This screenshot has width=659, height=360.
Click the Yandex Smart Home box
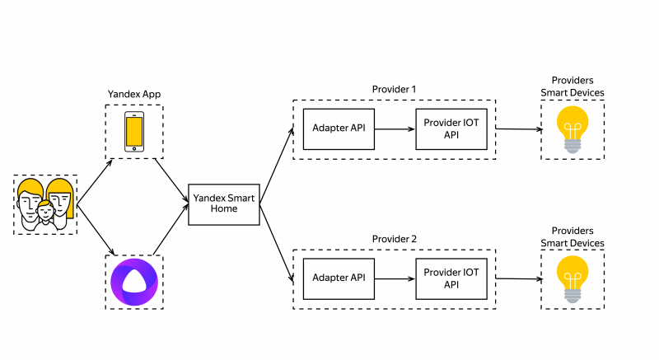coord(224,204)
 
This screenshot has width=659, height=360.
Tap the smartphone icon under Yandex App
coord(134,132)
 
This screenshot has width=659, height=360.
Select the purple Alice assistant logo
coord(134,282)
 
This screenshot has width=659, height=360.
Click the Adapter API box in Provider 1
coord(339,129)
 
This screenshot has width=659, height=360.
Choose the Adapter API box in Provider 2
coord(339,279)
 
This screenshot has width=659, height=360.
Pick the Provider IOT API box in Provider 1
coord(451,129)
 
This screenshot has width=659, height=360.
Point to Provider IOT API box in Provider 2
coord(451,279)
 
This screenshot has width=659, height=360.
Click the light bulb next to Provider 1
coord(573,129)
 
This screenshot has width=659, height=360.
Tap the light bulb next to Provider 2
coord(573,279)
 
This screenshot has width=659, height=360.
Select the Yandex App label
coord(134,94)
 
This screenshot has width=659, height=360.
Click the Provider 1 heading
coord(394,89)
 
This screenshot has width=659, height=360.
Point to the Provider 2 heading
coord(394,239)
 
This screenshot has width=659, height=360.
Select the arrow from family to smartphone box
coord(95,182)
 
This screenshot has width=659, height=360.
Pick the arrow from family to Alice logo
coord(96,230)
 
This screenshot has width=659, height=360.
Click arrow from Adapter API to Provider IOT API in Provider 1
coord(395,129)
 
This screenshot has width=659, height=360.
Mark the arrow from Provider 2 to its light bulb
coord(519,278)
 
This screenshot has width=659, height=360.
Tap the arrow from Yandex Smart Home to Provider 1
coord(277,166)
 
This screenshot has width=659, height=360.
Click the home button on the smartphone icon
coord(134,148)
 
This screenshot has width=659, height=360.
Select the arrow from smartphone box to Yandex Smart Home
coord(171,180)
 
